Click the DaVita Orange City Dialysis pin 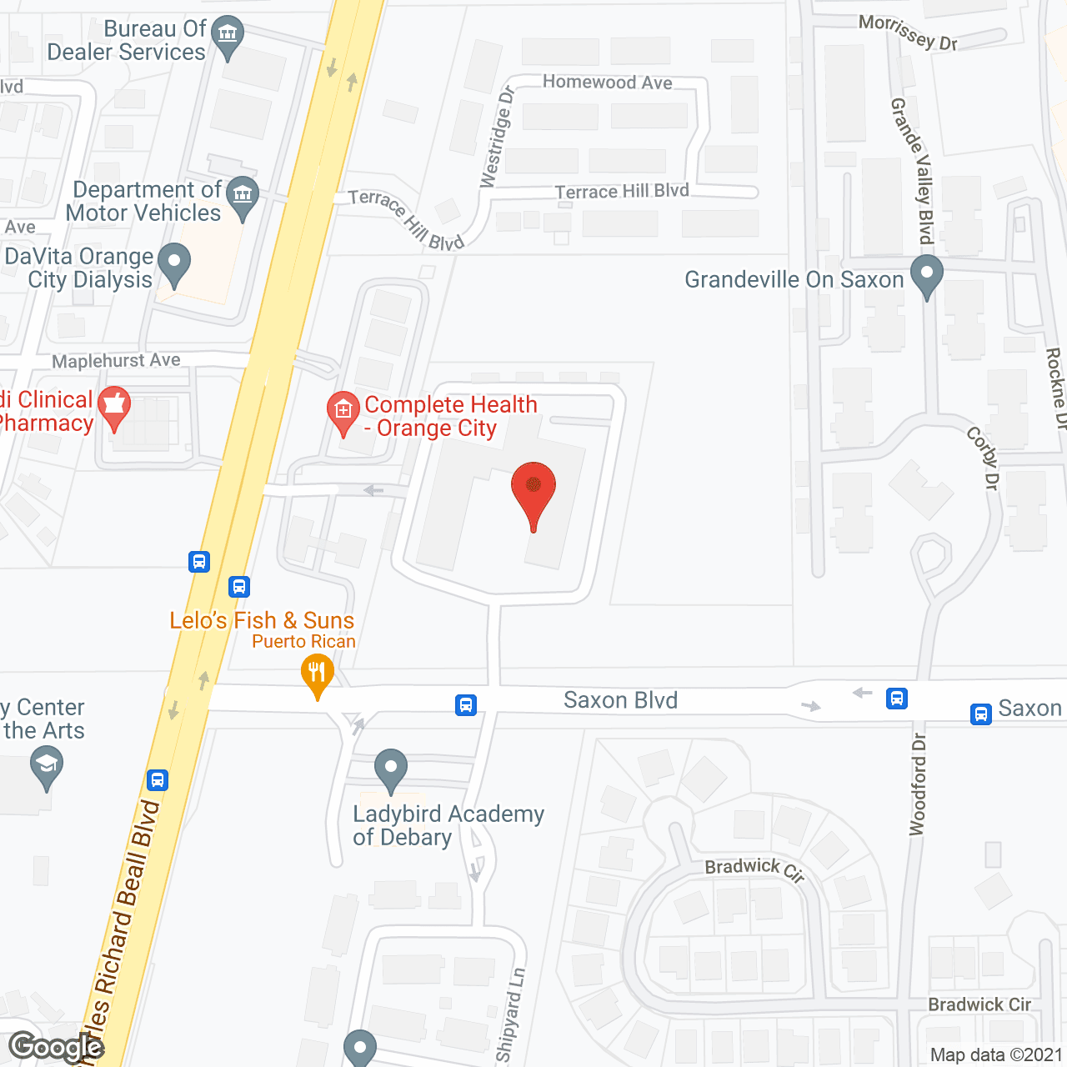(174, 265)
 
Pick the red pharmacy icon (114, 408)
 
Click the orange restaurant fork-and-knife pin (317, 674)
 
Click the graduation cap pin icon (46, 766)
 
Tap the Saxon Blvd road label (620, 700)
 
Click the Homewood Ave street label (607, 82)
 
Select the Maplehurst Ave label (116, 361)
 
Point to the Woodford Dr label (918, 784)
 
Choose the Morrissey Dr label (909, 33)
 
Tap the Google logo (56, 1047)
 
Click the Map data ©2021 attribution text (996, 1055)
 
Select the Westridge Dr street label (497, 137)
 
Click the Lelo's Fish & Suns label (262, 620)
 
